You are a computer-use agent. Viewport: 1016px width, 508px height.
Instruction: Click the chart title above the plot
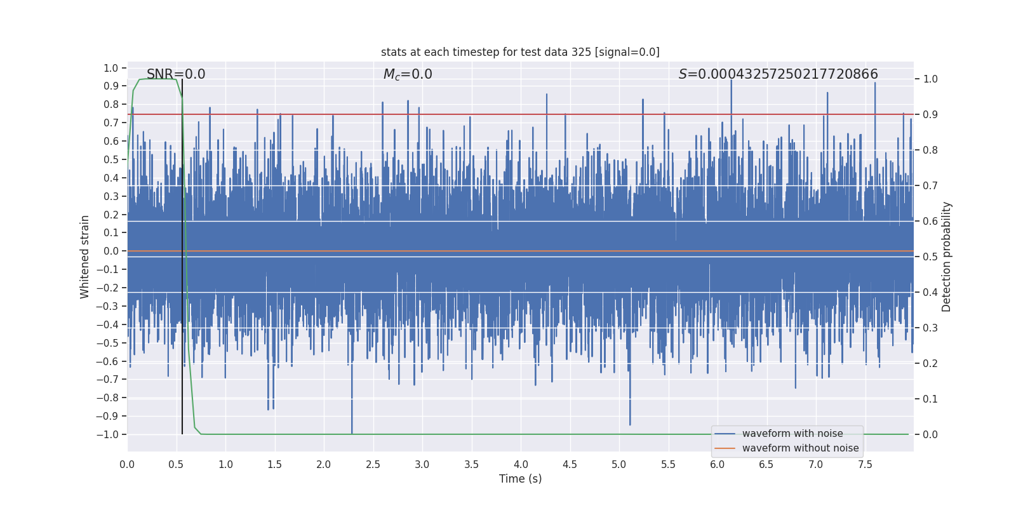[520, 52]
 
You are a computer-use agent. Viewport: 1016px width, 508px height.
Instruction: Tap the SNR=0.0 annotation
[176, 74]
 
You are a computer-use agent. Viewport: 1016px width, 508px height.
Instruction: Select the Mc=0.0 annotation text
[408, 74]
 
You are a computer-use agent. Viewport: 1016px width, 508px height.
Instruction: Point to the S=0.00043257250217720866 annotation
[778, 74]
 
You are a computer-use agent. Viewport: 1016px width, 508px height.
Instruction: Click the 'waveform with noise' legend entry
[792, 434]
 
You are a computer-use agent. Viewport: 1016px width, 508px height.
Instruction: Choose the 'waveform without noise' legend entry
[800, 448]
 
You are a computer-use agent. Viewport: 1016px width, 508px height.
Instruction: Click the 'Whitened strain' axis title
[85, 257]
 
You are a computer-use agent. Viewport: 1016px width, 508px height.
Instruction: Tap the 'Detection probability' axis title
[947, 257]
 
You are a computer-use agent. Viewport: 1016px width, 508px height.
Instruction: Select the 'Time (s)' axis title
[520, 479]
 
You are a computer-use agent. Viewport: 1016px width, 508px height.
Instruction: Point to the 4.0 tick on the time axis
[521, 465]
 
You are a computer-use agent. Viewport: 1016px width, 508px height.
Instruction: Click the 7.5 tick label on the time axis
[865, 465]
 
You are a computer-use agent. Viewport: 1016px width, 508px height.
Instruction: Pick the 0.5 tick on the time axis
[176, 465]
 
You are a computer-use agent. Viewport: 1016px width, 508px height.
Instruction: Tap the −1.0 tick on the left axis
[107, 434]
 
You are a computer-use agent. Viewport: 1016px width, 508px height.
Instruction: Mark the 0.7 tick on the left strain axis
[111, 123]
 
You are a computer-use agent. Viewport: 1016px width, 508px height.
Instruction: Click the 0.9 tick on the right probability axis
[930, 115]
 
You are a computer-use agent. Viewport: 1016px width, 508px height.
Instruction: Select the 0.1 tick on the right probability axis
[930, 399]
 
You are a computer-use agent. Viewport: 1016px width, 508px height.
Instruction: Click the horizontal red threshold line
[571, 114]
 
